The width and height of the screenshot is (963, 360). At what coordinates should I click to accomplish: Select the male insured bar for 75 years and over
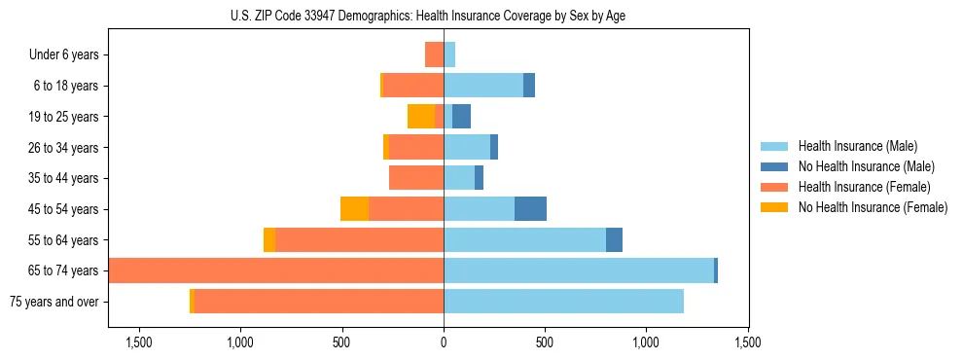click(x=563, y=302)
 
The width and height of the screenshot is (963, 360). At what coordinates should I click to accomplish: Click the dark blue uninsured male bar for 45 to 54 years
click(x=530, y=209)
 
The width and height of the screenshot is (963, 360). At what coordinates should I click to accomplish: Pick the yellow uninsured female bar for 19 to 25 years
click(x=421, y=117)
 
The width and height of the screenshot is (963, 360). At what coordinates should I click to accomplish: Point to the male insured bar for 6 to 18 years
click(x=483, y=86)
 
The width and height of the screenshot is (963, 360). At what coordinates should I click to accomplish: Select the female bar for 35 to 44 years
click(x=416, y=178)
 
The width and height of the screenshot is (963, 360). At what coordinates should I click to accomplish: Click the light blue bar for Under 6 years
click(x=449, y=54)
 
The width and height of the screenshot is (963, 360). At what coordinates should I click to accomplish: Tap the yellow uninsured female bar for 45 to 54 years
click(x=354, y=209)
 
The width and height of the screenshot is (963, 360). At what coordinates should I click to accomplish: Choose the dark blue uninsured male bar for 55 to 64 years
click(x=614, y=239)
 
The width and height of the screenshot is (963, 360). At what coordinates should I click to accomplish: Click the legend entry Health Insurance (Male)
click(x=857, y=146)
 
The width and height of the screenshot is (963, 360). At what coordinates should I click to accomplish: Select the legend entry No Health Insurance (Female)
click(x=872, y=207)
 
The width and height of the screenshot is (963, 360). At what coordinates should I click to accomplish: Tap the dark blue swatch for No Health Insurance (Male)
click(x=774, y=166)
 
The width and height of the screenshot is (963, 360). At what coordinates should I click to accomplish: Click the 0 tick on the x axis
click(x=444, y=342)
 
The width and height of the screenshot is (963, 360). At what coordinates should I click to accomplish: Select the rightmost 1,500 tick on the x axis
click(x=748, y=342)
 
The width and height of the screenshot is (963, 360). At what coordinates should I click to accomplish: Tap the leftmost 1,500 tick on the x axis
click(x=139, y=342)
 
